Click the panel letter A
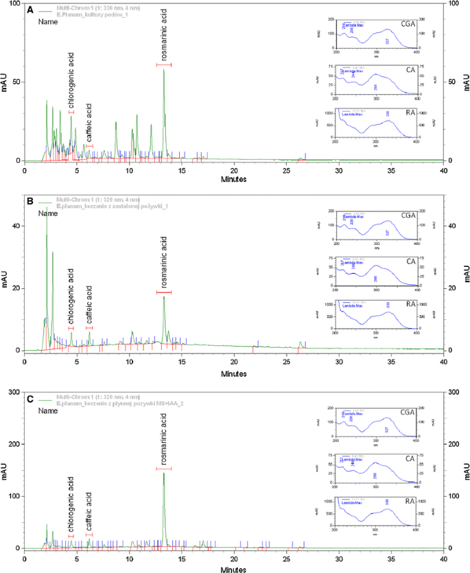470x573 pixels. [29, 10]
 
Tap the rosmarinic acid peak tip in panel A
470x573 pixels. [163, 69]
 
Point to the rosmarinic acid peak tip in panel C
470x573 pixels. [163, 473]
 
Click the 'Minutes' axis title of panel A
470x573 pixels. [235, 180]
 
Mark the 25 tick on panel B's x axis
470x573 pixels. [286, 360]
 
